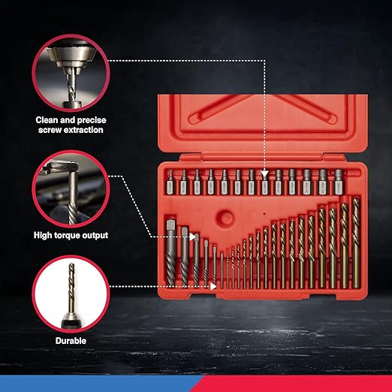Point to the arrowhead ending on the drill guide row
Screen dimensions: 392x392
pyautogui.click(x=264, y=174)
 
